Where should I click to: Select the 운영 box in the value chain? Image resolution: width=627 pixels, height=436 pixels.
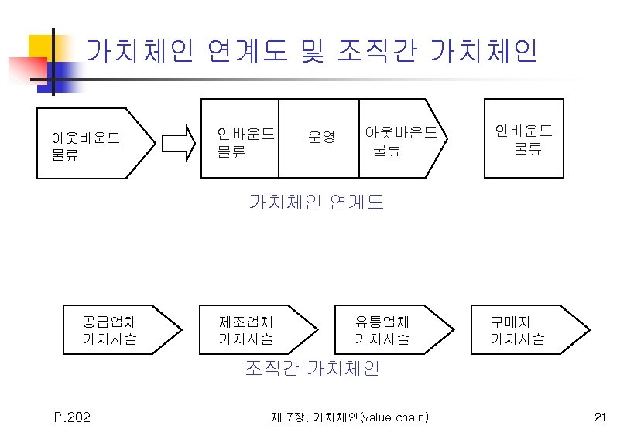click(318, 138)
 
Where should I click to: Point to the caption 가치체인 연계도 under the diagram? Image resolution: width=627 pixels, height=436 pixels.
click(316, 203)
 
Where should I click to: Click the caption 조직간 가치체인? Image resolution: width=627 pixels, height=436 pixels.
click(312, 369)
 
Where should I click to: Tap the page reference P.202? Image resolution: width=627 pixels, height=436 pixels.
click(72, 418)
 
